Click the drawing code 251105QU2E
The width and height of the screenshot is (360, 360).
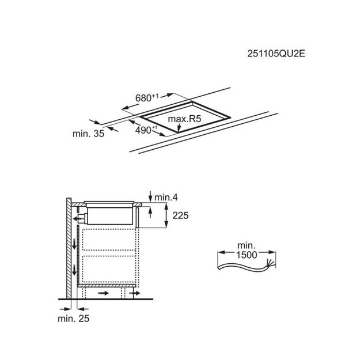(x=276, y=54)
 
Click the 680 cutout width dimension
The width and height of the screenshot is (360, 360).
(x=147, y=98)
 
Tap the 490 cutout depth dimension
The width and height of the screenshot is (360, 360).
(x=146, y=130)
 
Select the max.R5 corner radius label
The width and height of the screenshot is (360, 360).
(x=184, y=119)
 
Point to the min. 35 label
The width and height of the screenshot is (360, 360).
(x=88, y=134)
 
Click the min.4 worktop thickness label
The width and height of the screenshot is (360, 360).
(x=166, y=198)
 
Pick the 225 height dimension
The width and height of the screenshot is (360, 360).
(x=180, y=215)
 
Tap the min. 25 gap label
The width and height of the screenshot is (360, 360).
(x=74, y=319)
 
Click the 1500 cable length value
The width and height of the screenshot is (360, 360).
(x=247, y=255)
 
